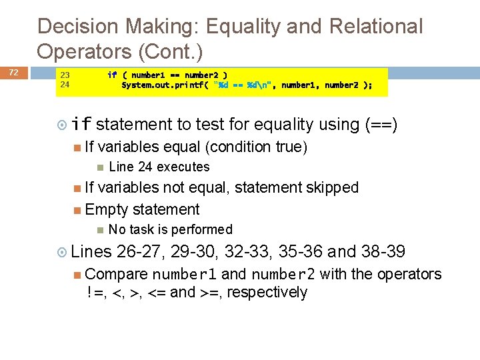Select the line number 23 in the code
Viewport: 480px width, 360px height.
[x=65, y=75]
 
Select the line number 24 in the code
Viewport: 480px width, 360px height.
[x=65, y=85]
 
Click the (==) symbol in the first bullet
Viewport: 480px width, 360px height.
[x=381, y=124]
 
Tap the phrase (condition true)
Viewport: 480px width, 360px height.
[x=256, y=147]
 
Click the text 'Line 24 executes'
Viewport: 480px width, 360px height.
[x=159, y=167]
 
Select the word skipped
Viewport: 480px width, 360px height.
[x=332, y=188]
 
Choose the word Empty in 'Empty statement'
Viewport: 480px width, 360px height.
[x=107, y=209]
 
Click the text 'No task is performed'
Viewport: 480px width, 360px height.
[x=170, y=229]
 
